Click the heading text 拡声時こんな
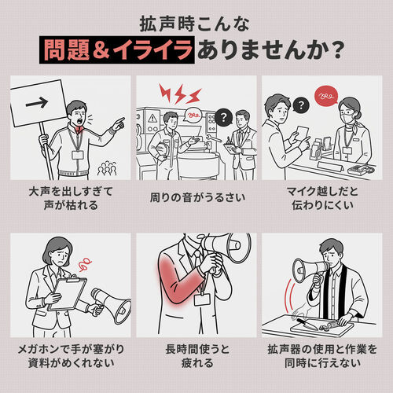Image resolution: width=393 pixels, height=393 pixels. [196, 20]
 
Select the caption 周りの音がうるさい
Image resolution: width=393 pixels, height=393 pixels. [196, 194]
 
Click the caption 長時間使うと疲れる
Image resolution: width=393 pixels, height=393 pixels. [196, 355]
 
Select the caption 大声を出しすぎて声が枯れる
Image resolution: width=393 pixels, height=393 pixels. [71, 201]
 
